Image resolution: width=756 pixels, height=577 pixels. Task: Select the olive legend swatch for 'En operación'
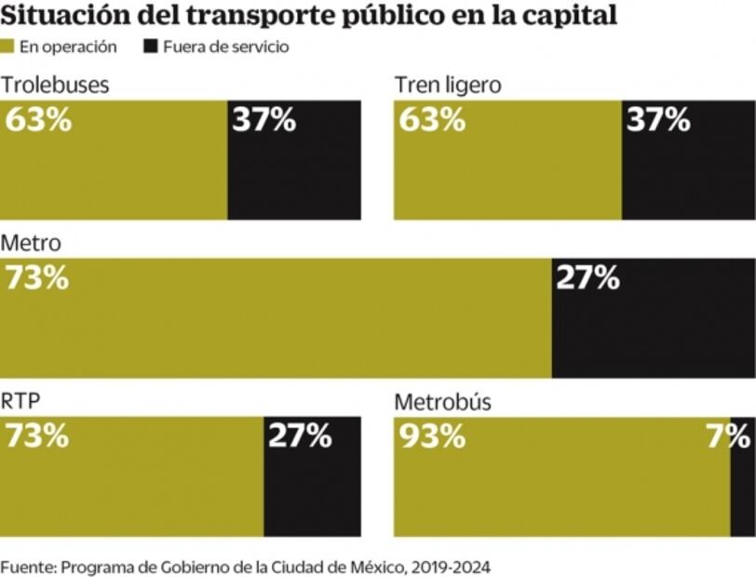8,47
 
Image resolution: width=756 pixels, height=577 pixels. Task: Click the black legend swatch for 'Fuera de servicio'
150,47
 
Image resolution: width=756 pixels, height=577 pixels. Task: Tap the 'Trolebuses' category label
55,85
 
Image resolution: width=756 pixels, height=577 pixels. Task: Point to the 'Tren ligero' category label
448,85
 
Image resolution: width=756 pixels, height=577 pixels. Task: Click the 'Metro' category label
31,244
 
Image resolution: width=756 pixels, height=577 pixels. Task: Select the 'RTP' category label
20,401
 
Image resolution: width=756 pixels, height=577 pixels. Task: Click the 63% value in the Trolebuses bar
38,120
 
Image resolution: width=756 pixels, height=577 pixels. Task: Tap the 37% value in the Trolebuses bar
263,120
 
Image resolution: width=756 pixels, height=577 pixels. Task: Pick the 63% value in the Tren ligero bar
433,120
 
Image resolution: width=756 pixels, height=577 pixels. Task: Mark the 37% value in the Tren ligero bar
658,120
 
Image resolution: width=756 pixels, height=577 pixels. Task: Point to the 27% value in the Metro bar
587,278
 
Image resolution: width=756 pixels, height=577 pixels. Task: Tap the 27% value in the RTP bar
300,436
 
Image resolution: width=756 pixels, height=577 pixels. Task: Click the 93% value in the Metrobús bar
433,436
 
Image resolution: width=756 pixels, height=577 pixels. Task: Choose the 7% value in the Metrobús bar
727,436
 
